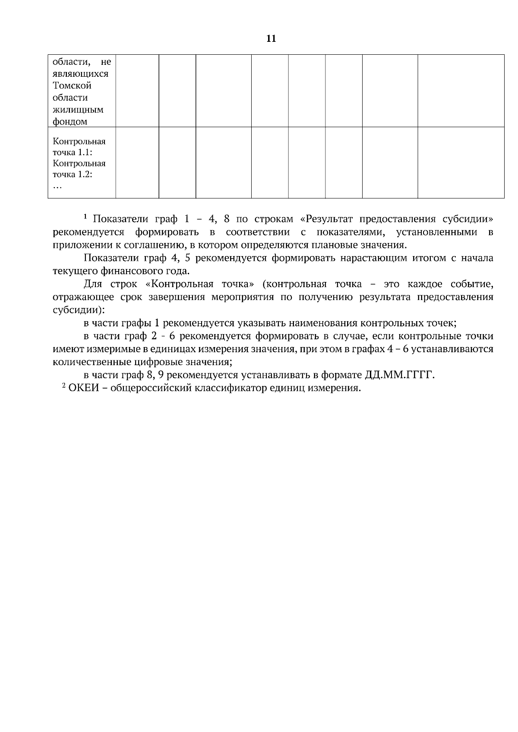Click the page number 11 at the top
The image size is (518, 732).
coord(271,39)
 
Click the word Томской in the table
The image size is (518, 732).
coord(72,85)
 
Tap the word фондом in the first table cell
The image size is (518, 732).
coord(70,122)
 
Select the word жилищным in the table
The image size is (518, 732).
coord(78,109)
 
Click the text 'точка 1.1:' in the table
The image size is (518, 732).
coord(73,153)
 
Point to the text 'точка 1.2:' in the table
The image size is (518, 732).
coord(73,175)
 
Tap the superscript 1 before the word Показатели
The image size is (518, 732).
coord(85,216)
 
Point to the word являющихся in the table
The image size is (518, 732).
coord(81,74)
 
